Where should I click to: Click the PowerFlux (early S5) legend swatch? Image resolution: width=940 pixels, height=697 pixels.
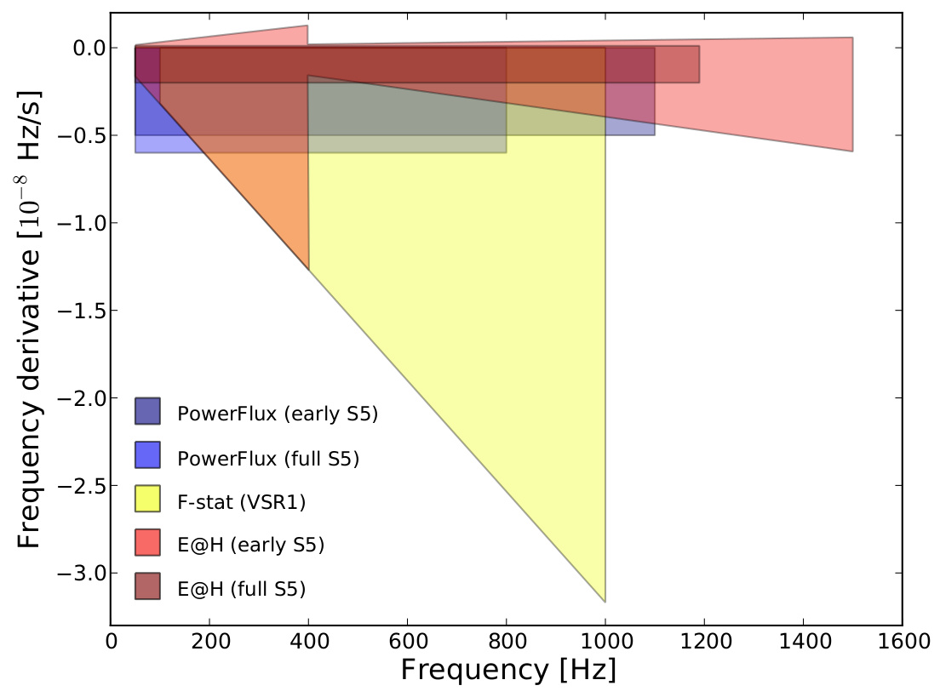148,412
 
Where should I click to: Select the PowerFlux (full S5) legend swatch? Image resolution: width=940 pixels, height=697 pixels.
148,456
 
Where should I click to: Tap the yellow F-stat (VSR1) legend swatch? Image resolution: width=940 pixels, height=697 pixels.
148,500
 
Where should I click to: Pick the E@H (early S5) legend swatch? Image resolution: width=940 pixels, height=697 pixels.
148,544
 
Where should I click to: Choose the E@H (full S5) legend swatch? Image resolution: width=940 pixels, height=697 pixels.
148,587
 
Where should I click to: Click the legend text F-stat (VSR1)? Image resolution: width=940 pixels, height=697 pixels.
241,501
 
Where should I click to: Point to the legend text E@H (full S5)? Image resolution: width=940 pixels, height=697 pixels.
241,588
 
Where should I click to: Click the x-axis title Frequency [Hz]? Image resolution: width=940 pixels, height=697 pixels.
507,671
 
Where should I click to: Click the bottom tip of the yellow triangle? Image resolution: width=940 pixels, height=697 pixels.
605,601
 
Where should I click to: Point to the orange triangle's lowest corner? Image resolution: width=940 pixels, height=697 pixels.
308,269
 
